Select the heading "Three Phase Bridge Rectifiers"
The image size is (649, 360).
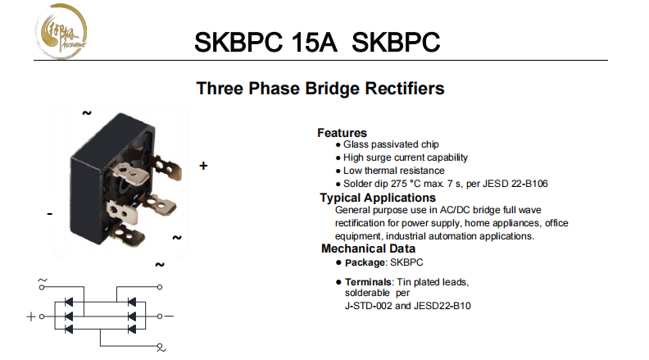click(x=320, y=88)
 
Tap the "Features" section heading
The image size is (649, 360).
click(x=342, y=133)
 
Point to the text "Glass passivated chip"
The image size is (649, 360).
click(x=392, y=144)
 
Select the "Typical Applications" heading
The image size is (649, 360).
click(x=378, y=198)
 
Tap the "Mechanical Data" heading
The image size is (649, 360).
click(x=368, y=248)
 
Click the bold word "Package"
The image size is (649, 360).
click(x=364, y=262)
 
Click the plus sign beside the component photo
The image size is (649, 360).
click(x=203, y=166)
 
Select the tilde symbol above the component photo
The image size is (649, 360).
click(x=86, y=114)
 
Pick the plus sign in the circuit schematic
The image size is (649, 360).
click(x=31, y=316)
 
